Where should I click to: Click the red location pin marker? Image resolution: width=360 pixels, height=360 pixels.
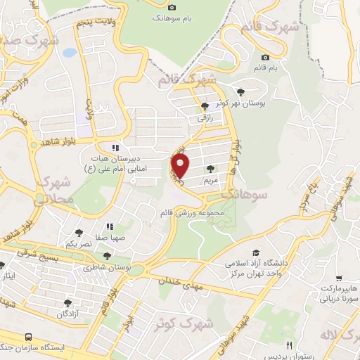tap(181, 167)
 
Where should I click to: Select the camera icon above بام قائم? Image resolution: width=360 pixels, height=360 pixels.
tap(265, 57)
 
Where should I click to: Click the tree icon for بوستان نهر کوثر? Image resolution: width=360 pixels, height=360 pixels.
tap(242, 92)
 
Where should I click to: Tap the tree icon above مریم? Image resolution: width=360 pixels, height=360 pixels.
tap(210, 169)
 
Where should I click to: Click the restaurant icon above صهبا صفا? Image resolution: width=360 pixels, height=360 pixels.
tap(110, 226)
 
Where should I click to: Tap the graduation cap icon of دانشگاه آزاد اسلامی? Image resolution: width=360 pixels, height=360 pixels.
tap(257, 252)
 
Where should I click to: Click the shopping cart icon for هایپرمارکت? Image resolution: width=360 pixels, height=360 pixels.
tap(339, 278)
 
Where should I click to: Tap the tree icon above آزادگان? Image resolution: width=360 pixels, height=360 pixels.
tap(67, 303)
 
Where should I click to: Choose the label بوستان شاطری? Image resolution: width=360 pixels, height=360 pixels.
tap(108, 268)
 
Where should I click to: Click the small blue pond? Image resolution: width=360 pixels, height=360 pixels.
tap(68, 52)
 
